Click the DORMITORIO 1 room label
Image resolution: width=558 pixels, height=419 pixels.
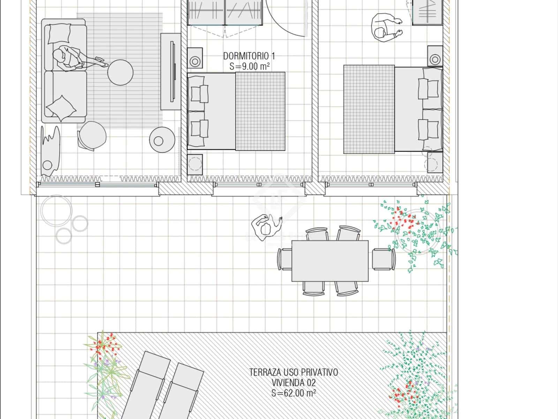[249, 56]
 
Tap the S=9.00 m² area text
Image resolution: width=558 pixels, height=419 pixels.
[249, 66]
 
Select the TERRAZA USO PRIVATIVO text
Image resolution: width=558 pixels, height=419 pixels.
[293, 372]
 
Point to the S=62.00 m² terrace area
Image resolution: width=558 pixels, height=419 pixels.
[293, 393]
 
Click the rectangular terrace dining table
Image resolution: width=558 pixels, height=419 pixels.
[330, 261]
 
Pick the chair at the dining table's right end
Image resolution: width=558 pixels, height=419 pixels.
[384, 259]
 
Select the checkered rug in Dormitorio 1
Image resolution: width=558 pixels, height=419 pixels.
[260, 111]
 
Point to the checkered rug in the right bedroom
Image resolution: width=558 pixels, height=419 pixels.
[369, 109]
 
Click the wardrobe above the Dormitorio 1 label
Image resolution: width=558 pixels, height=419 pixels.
[225, 13]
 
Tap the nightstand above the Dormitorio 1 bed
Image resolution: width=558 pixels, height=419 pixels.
[195, 58]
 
